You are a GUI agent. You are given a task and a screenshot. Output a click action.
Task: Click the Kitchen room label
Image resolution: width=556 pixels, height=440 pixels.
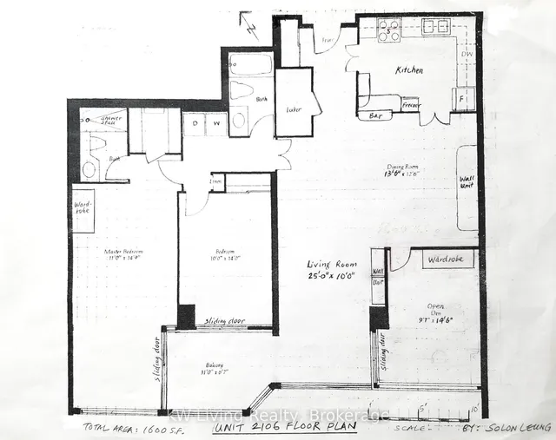click(x=409, y=69)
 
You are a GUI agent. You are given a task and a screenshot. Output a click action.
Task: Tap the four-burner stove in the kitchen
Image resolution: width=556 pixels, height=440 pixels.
click(x=388, y=31)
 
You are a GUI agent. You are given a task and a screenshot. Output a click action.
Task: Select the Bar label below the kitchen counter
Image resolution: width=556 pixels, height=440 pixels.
click(x=376, y=114)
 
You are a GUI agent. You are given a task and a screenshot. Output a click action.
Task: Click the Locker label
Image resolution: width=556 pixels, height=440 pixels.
click(x=293, y=109)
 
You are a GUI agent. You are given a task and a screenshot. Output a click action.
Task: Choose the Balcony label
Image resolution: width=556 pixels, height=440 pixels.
click(x=214, y=365)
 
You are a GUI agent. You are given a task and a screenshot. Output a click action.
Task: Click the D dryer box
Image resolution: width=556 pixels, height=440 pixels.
click(x=195, y=123)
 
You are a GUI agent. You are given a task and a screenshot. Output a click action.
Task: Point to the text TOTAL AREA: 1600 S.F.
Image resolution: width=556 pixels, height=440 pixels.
click(x=119, y=427)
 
